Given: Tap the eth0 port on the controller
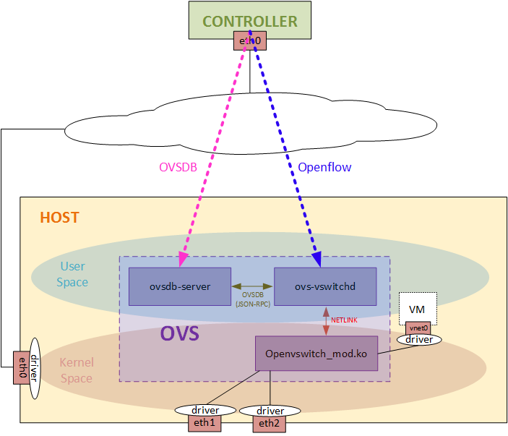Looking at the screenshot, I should (x=249, y=41).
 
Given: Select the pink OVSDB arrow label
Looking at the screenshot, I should (x=178, y=167).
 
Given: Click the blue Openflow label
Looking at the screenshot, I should (x=324, y=167).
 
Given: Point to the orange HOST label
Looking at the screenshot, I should (x=59, y=218).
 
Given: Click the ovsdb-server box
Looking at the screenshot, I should (x=180, y=286).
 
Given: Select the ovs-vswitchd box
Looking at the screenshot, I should (x=325, y=286).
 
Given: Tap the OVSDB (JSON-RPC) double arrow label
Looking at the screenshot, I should (x=252, y=299).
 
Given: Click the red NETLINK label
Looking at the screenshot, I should (x=344, y=320).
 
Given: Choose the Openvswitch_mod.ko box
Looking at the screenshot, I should (x=317, y=354).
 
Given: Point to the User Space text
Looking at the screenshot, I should (x=72, y=275).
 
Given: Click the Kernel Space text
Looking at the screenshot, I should (x=76, y=370).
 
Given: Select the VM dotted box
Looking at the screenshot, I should (x=416, y=308).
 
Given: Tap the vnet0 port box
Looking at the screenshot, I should (x=417, y=328).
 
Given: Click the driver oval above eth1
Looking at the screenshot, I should (x=205, y=410).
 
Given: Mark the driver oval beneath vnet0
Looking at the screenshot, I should (x=418, y=338).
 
